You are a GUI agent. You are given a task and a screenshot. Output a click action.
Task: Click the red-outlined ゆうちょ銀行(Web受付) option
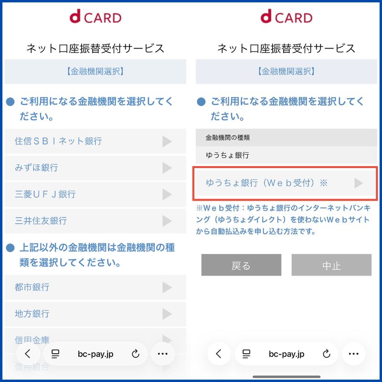pyautogui.click(x=285, y=183)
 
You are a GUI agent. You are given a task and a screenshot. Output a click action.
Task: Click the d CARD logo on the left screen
pyautogui.click(x=95, y=18)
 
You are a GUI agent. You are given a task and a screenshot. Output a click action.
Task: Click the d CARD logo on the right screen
pyautogui.click(x=286, y=18)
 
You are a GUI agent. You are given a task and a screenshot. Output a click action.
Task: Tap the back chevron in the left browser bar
pyautogui.click(x=28, y=354)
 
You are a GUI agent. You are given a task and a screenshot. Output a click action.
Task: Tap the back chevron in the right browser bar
pyautogui.click(x=219, y=354)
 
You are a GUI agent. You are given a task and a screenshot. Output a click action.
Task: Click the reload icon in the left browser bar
pyautogui.click(x=135, y=354)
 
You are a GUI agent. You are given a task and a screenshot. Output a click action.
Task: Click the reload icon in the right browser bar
pyautogui.click(x=327, y=354)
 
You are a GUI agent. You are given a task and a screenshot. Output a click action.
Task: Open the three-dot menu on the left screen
pyautogui.click(x=163, y=354)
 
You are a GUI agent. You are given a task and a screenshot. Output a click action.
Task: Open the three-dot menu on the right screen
pyautogui.click(x=354, y=354)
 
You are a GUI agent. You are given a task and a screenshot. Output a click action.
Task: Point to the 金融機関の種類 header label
pyautogui.click(x=228, y=138)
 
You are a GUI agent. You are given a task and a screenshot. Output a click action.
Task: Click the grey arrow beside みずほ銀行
pyautogui.click(x=167, y=168)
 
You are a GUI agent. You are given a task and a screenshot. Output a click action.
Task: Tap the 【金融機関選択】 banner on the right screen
pyautogui.click(x=286, y=72)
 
